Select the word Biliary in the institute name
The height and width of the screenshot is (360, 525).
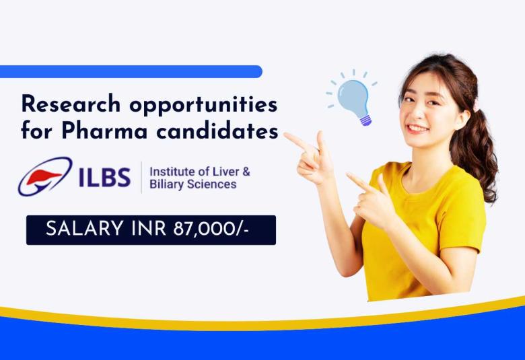[167, 184]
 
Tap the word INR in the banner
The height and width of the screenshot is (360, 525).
[139, 229]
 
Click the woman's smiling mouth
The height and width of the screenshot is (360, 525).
[417, 128]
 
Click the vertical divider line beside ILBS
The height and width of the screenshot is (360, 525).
[141, 177]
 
